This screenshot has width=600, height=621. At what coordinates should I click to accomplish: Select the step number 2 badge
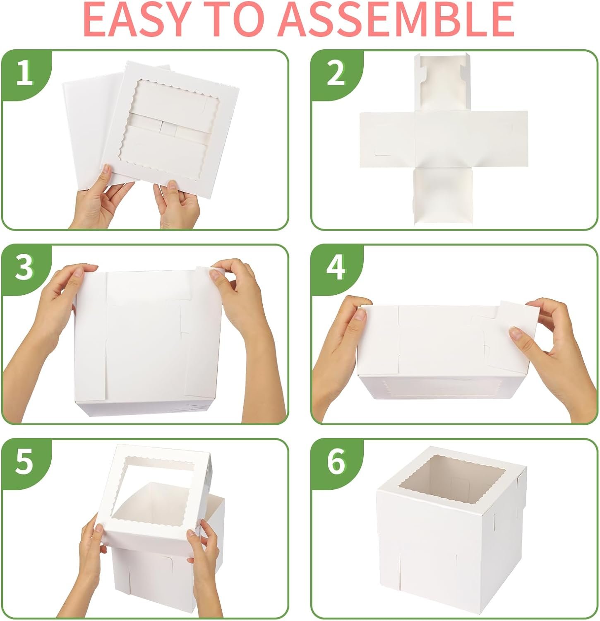click(335, 74)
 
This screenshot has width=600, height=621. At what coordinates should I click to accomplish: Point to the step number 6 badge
click(335, 462)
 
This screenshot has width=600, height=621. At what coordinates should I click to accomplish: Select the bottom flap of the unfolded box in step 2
click(443, 195)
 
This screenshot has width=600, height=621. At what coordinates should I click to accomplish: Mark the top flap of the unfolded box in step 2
click(443, 83)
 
